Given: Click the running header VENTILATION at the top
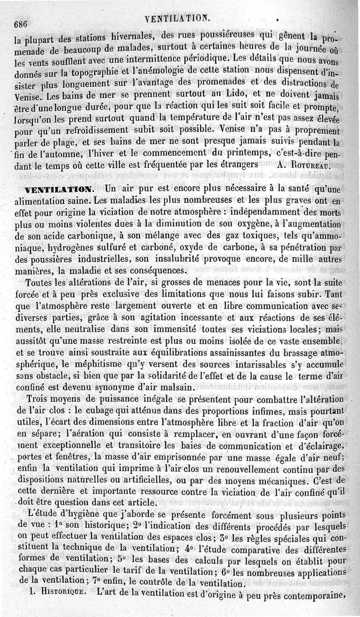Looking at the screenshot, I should tap(176, 18).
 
